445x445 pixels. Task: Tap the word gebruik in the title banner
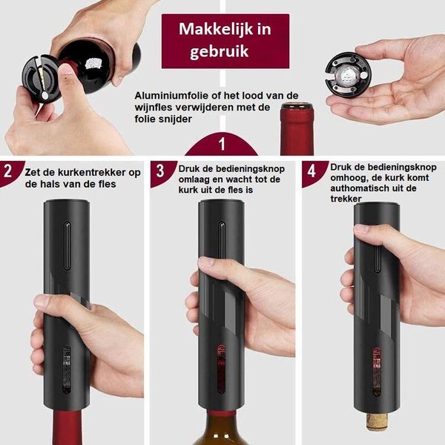(219, 52)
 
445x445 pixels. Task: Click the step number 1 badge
(222, 144)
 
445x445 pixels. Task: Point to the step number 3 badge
(160, 171)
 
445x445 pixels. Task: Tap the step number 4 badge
(311, 171)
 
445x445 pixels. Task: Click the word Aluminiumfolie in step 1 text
(172, 96)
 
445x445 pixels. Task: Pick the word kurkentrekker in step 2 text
(92, 172)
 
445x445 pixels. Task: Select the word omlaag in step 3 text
(194, 180)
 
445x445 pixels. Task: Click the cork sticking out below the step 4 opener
(377, 422)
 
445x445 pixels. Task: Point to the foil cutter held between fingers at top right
(347, 75)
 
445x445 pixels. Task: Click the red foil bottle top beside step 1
(297, 129)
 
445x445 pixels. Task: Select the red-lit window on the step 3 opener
(221, 369)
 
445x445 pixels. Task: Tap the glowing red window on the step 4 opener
(377, 372)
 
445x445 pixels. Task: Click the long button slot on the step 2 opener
(67, 245)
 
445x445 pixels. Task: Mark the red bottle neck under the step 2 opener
(67, 427)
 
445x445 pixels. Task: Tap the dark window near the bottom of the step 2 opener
(67, 369)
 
